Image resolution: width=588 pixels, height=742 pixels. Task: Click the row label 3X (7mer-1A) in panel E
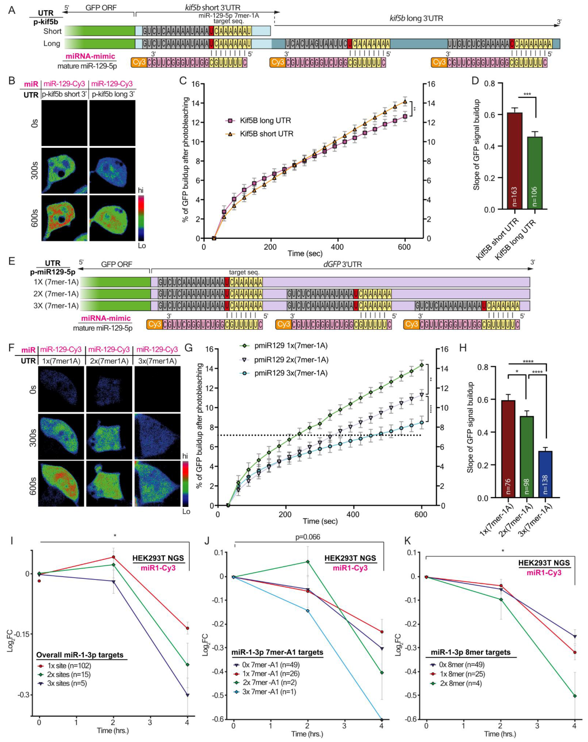(54, 306)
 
